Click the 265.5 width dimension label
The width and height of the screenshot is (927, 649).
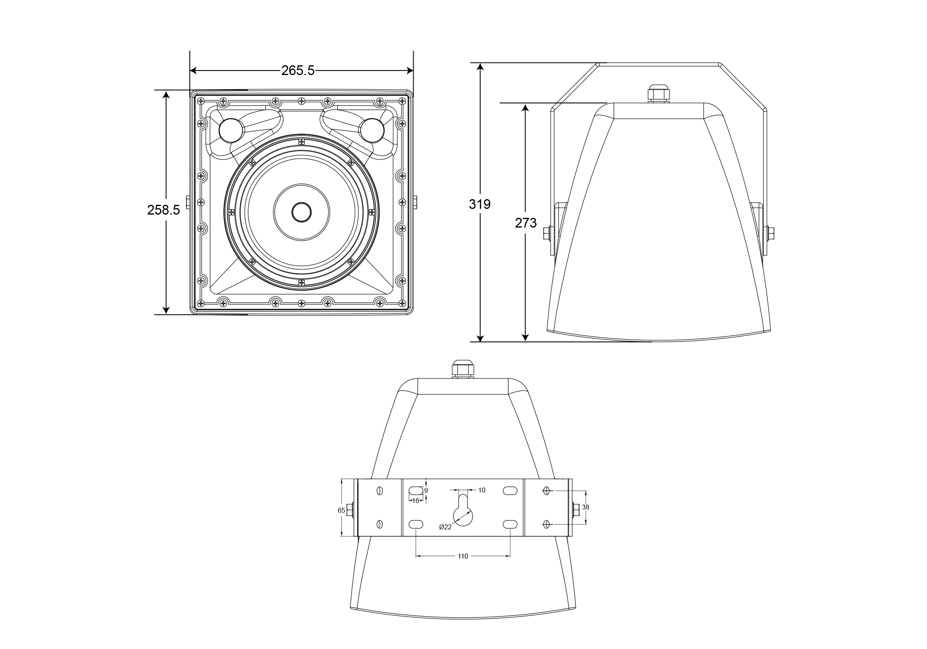(298, 71)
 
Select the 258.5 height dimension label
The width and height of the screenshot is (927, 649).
(163, 210)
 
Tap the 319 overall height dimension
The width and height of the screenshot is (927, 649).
(480, 204)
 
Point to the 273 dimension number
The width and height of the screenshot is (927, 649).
(526, 223)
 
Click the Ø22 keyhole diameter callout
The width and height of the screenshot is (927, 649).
(445, 527)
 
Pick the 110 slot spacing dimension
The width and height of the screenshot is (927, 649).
(463, 556)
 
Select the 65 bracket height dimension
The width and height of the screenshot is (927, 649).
(341, 510)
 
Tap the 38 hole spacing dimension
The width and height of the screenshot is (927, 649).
(586, 507)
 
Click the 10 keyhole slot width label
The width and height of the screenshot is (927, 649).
(482, 490)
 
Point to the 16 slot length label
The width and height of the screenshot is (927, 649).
(416, 501)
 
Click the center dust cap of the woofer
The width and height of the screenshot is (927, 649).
(302, 212)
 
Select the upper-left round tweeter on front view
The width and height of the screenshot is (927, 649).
(231, 130)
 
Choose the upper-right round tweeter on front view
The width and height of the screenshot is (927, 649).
(372, 130)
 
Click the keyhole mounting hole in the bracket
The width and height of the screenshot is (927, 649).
(463, 512)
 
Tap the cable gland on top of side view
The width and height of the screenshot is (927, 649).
(659, 94)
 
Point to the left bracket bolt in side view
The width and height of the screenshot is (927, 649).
(550, 232)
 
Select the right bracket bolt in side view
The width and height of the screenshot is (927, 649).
(768, 232)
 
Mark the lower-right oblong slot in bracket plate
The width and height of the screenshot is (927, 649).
(510, 524)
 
